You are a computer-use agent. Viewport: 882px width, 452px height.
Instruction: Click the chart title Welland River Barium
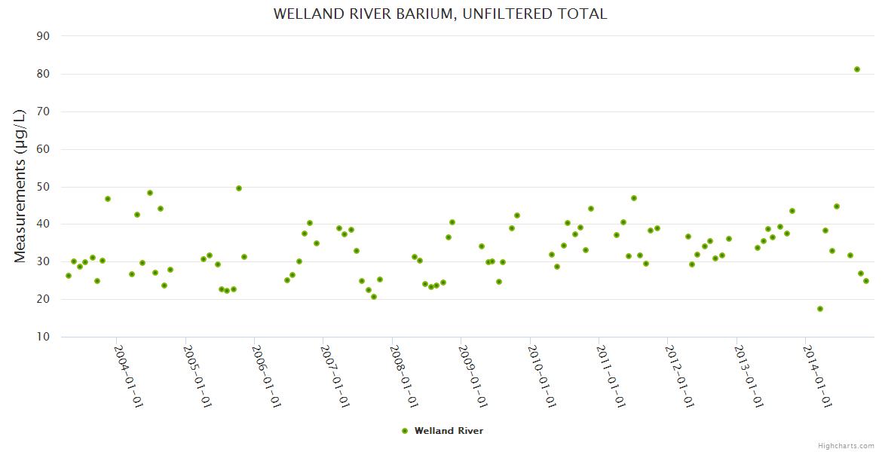coord(440,14)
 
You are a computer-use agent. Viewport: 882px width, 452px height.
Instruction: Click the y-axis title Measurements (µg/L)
coord(20,186)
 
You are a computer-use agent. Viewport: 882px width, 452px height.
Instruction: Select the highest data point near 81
coord(857,69)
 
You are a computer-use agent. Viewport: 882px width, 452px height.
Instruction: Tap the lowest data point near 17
coord(820,309)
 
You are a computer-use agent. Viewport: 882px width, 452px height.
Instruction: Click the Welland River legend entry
coord(449,431)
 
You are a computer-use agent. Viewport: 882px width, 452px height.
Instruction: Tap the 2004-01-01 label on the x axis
coord(128,376)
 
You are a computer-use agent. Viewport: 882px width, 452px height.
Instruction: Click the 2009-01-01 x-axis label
coord(473,376)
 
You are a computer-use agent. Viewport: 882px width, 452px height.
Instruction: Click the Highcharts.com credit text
coord(846,445)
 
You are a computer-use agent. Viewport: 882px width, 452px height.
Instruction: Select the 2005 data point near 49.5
coord(239,188)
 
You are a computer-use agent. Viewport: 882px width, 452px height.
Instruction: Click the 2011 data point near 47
coord(634,198)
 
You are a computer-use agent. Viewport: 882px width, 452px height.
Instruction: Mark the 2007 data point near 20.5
coord(374,297)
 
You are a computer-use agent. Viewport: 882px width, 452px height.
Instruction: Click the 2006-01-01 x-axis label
coord(266,376)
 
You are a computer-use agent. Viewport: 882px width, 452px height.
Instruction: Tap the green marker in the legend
coord(405,431)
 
